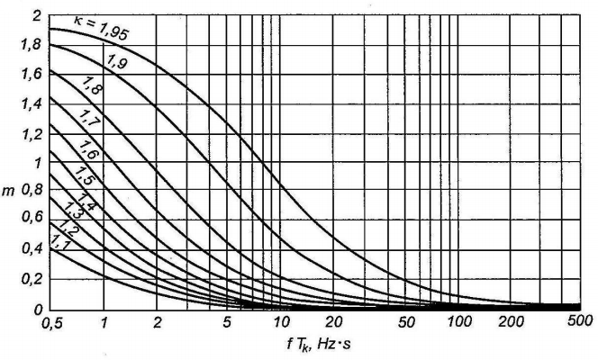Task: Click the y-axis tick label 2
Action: tap(36, 16)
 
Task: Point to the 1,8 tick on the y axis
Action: tap(31, 45)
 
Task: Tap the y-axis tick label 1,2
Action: tap(31, 133)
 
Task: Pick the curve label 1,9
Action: tap(114, 62)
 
